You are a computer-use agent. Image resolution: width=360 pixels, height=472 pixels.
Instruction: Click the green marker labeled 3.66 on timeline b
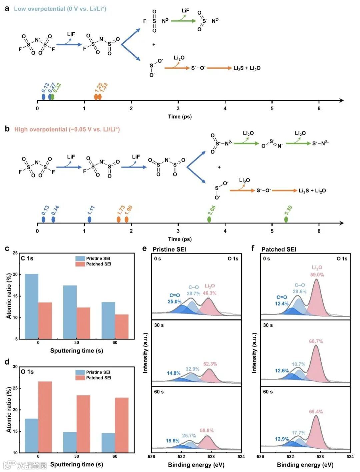[209, 219]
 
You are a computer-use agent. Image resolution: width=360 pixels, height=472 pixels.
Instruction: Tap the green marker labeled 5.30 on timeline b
[286, 219]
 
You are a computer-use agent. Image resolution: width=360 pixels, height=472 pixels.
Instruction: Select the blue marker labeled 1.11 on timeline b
[89, 219]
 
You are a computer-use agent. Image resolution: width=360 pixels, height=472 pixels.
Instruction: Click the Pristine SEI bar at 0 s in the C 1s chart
[32, 306]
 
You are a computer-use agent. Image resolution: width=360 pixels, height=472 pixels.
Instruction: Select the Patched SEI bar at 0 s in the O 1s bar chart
[45, 417]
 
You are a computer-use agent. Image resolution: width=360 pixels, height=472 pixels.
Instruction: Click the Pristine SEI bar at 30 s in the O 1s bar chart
[70, 442]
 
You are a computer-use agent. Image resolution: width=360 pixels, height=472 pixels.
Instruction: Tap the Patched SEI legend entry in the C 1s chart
[94, 264]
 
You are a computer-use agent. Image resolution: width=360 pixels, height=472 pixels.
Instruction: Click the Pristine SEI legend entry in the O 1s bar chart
[93, 372]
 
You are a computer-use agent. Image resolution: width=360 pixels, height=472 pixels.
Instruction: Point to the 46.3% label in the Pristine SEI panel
[210, 293]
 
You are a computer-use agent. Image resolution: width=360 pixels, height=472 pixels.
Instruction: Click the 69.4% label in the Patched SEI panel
[316, 412]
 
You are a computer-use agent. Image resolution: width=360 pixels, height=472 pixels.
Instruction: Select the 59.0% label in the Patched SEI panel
[317, 275]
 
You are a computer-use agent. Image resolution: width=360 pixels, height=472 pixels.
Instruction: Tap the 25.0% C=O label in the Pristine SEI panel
[174, 302]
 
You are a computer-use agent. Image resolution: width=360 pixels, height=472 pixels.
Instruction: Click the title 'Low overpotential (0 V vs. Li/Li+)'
[60, 9]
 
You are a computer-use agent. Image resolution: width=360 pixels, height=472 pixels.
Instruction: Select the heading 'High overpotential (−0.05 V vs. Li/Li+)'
[67, 129]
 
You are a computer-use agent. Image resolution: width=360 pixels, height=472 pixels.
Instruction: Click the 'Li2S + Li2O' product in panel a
[247, 68]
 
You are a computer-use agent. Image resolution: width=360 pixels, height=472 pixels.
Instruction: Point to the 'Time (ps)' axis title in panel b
[180, 239]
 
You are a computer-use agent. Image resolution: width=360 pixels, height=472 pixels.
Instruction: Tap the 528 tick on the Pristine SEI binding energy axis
[211, 456]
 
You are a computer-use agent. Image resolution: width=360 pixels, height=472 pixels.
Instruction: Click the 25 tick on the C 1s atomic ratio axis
[15, 253]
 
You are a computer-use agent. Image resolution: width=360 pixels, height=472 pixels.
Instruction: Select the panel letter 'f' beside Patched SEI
[253, 248]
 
